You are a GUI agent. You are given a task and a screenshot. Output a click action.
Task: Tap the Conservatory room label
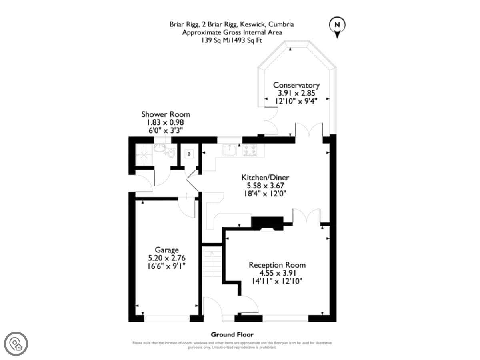tap(296, 85)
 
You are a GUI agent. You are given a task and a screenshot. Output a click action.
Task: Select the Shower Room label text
tap(165, 114)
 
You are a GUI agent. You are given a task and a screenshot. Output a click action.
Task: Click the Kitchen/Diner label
tap(265, 178)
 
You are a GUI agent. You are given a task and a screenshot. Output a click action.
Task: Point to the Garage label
tap(167, 250)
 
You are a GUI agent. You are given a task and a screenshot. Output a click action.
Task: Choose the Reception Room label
tap(277, 265)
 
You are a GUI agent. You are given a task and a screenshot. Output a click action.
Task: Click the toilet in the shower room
tap(171, 152)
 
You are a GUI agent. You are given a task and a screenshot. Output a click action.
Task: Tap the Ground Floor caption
tap(232, 334)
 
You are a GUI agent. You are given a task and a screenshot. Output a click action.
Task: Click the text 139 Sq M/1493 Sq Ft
tap(232, 40)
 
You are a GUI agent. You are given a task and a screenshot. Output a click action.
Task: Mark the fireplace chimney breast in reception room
tap(267, 223)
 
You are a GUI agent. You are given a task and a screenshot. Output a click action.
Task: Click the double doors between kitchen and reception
tap(306, 216)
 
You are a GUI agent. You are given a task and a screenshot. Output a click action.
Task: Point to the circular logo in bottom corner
tap(16, 343)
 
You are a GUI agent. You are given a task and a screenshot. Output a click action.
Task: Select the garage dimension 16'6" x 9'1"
tap(167, 266)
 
